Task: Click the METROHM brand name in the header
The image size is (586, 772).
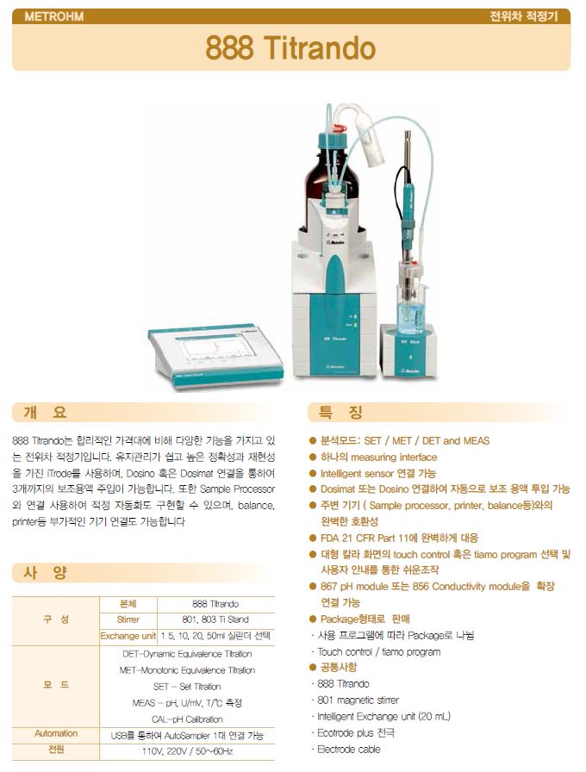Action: coord(54,16)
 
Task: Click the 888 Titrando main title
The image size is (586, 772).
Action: coord(290,47)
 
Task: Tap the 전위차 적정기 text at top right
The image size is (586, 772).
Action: coord(523,16)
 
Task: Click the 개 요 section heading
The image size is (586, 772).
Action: coord(45,412)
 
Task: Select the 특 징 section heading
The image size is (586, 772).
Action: coord(340,412)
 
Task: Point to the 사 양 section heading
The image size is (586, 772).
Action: coord(45,573)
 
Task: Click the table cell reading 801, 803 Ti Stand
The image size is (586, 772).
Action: coord(215,619)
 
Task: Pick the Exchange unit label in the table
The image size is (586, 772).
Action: coord(128,636)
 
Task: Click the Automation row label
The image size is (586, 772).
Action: coord(56,733)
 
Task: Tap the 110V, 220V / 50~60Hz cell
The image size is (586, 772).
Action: coord(187,751)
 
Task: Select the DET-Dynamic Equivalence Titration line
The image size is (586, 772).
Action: coord(187,654)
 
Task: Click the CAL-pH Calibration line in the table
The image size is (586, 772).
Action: coord(187,719)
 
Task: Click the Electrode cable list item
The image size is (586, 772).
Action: coord(349,750)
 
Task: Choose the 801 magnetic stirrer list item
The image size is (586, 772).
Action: coord(358,700)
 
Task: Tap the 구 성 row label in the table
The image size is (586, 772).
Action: coord(56,619)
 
